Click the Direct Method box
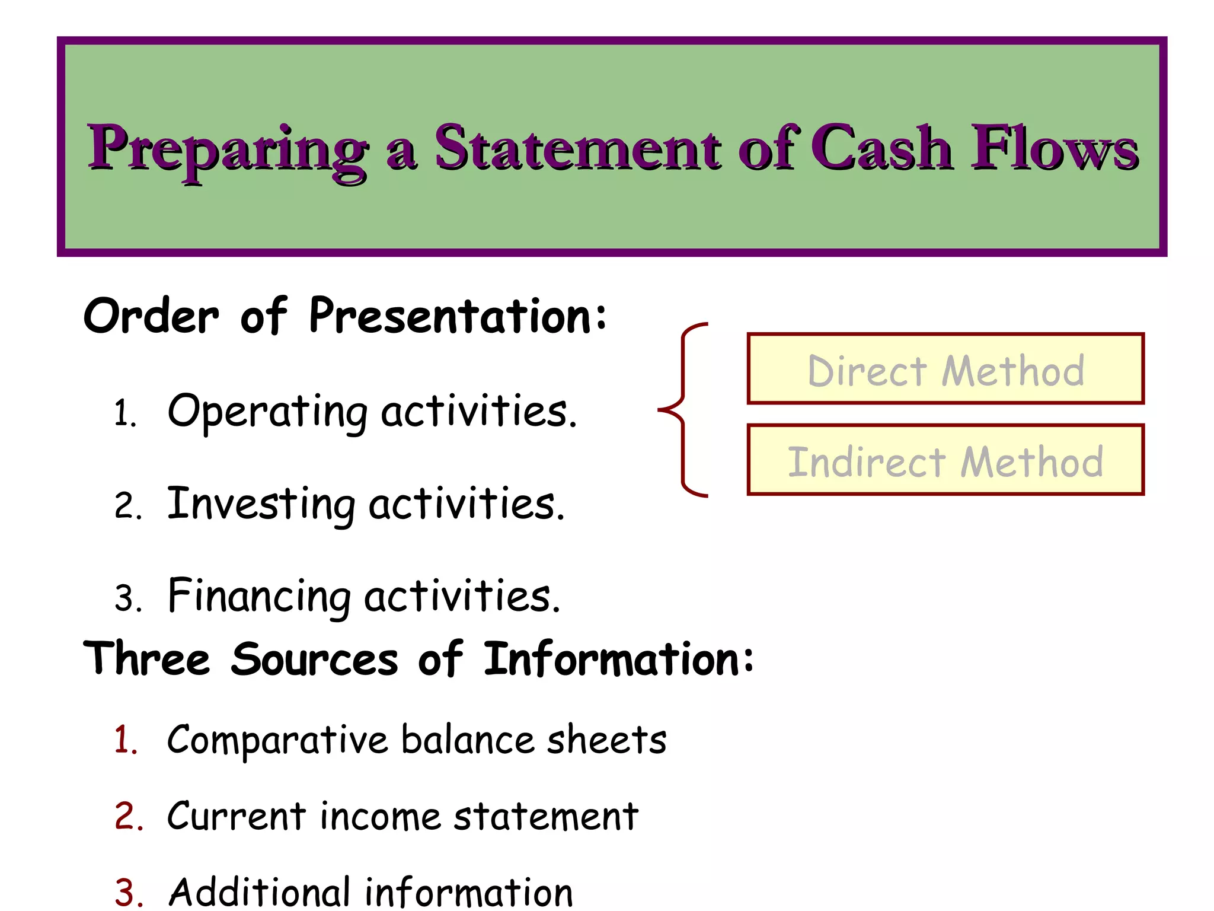[945, 369]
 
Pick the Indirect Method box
[945, 460]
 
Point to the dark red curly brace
[683, 409]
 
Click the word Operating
[267, 412]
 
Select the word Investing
[261, 504]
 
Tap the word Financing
[259, 596]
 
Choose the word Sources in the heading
[315, 659]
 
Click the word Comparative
[277, 740]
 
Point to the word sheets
[606, 740]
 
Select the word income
[380, 816]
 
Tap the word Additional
[259, 891]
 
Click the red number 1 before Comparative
[126, 740]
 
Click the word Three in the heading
[147, 659]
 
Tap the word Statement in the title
[577, 148]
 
